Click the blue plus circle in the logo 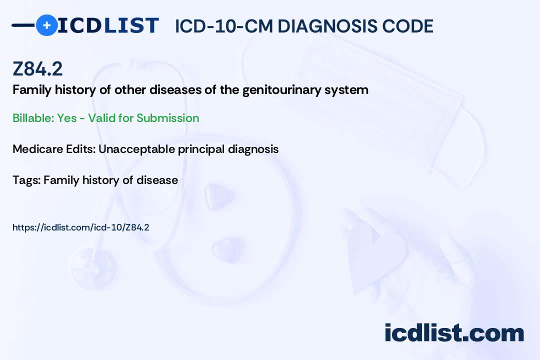pyautogui.click(x=46, y=25)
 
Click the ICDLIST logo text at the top pyautogui.click(x=108, y=25)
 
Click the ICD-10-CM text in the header pyautogui.click(x=223, y=26)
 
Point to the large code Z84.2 pyautogui.click(x=37, y=69)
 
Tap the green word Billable pyautogui.click(x=33, y=118)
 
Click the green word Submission pyautogui.click(x=167, y=118)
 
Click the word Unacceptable pyautogui.click(x=136, y=149)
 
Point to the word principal pyautogui.click(x=201, y=149)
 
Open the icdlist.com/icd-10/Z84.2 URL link pyautogui.click(x=81, y=227)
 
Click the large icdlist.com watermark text pyautogui.click(x=454, y=333)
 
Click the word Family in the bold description pyautogui.click(x=32, y=90)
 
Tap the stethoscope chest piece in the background pyautogui.click(x=93, y=268)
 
